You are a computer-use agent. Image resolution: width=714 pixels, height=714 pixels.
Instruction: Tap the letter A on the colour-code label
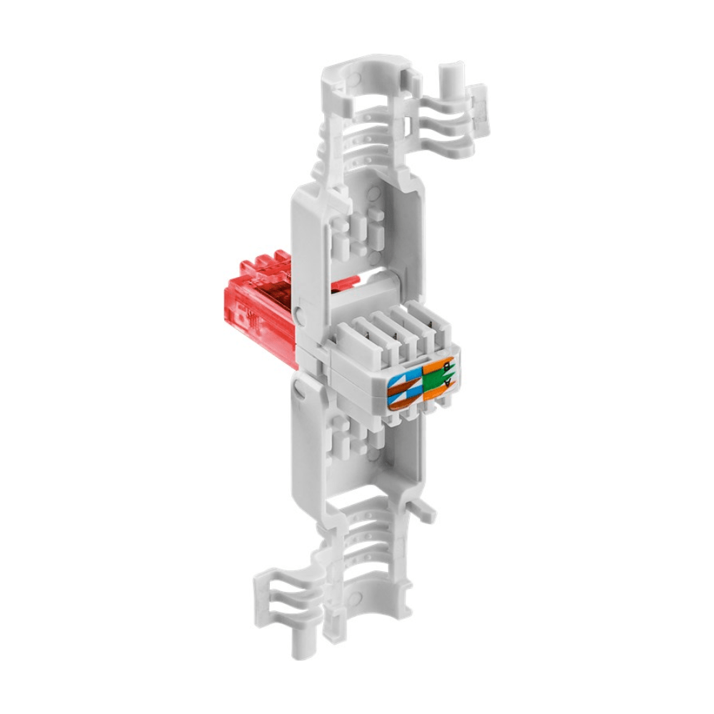[x=448, y=383]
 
